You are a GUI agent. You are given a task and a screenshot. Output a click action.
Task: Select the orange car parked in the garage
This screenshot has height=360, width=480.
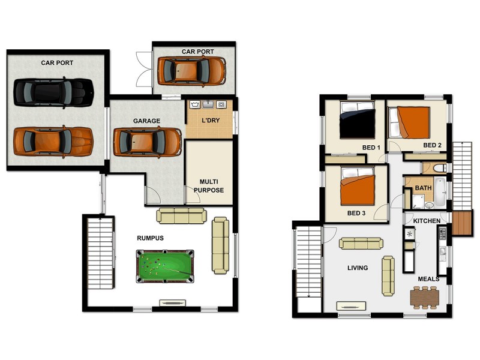pyautogui.click(x=147, y=142)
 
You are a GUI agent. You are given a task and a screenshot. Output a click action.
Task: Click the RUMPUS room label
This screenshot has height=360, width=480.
pyautogui.click(x=150, y=238)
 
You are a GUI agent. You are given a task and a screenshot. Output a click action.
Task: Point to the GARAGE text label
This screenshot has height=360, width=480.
pyautogui.click(x=146, y=121)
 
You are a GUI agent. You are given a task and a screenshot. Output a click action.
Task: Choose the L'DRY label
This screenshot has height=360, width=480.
pyautogui.click(x=209, y=121)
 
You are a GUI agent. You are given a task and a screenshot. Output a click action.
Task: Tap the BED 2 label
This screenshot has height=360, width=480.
pyautogui.click(x=432, y=145)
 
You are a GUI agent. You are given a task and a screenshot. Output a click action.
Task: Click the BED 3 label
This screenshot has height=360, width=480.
pyautogui.click(x=356, y=213)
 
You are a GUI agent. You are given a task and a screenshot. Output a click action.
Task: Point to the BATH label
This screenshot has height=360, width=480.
pyautogui.click(x=423, y=188)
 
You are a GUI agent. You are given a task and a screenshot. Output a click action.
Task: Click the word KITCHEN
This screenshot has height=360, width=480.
pyautogui.click(x=426, y=221)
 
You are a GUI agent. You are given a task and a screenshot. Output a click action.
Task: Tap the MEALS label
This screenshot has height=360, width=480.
pyautogui.click(x=428, y=279)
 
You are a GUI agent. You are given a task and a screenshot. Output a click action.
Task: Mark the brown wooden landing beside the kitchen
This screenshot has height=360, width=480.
pyautogui.click(x=462, y=223)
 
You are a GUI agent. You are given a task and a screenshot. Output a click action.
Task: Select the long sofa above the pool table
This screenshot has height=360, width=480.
pyautogui.click(x=181, y=215)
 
